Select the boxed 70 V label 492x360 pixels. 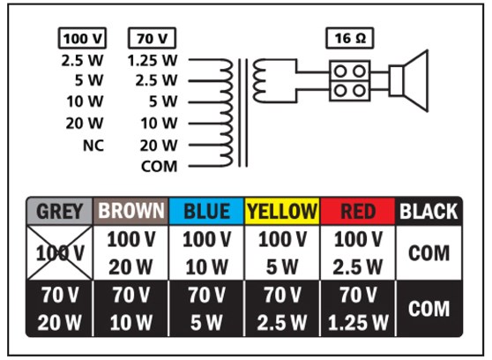pos(153,39)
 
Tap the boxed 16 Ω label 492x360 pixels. pos(349,39)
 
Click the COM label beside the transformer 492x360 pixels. pos(160,166)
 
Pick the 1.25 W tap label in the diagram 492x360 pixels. pos(153,60)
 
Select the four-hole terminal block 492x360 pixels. pos(350,80)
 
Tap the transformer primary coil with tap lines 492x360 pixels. pos(224,111)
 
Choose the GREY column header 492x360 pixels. pos(60,212)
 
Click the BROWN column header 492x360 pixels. pos(130,212)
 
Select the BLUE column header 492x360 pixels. pos(206,212)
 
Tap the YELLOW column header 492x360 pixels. pos(281,212)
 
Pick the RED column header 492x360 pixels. pos(357,212)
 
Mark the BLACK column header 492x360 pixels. pos(429,212)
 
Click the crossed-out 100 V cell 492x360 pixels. pos(60,253)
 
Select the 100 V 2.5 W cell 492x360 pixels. pos(357,253)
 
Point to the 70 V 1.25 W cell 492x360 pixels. pos(357,309)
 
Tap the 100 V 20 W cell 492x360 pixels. pos(130,253)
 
